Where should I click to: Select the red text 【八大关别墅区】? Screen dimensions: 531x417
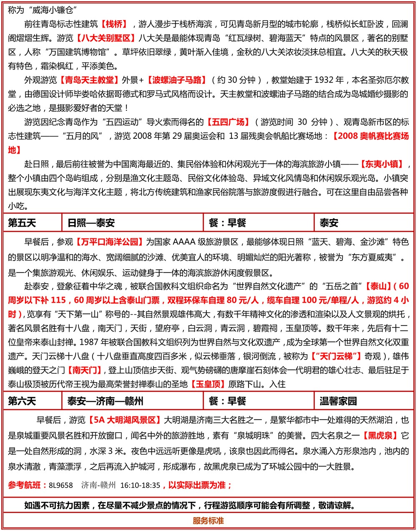coord(106,38)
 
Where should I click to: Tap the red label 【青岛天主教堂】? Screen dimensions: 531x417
coord(87,80)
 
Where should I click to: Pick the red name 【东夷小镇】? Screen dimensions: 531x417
coord(382,164)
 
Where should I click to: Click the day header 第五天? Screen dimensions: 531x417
coord(22,223)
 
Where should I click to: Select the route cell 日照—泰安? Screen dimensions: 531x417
coord(91,223)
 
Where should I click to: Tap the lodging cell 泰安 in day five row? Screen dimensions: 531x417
coord(329,223)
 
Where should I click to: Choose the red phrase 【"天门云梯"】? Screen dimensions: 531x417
coord(336,356)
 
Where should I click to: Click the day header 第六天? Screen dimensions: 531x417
coord(22,401)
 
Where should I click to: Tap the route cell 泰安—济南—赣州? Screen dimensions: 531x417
coord(105,401)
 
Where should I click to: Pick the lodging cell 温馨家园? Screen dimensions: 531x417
coord(338,401)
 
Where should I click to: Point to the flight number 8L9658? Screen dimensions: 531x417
coord(60,486)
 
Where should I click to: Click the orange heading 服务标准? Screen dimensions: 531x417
coord(208,521)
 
